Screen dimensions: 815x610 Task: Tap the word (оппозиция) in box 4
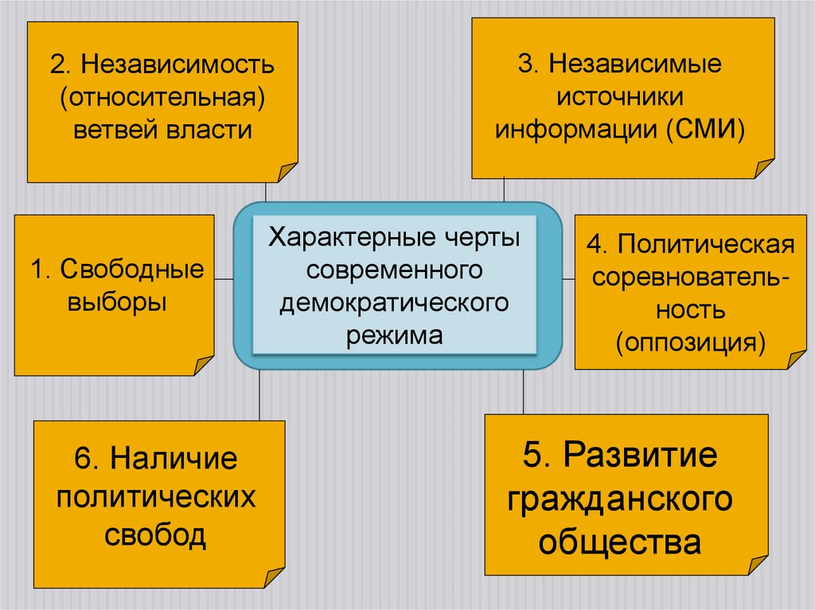pyautogui.click(x=689, y=342)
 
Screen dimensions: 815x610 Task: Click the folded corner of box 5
pyautogui.click(x=757, y=565)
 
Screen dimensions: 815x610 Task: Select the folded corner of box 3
pyautogui.click(x=763, y=168)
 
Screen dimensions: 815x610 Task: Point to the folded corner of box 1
pyautogui.click(x=203, y=364)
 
